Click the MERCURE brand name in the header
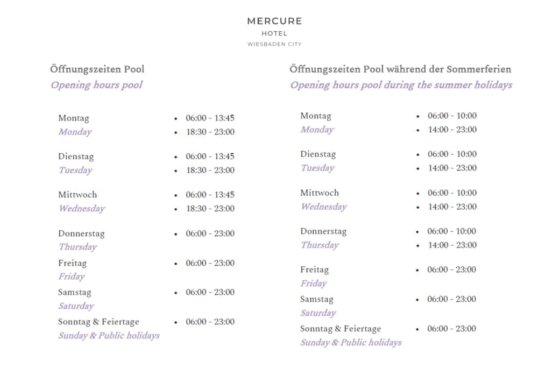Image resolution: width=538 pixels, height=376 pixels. coord(274,21)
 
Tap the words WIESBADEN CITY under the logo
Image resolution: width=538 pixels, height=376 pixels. coord(274,44)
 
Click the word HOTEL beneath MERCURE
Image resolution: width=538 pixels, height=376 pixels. coord(274,33)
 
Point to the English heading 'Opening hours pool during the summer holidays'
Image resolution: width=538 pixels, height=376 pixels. coord(401,85)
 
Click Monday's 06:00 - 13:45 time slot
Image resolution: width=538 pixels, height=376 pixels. coord(210,118)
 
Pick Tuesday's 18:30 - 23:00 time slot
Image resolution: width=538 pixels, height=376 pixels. coord(210,170)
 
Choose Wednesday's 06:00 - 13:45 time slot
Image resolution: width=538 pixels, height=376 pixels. coord(210,195)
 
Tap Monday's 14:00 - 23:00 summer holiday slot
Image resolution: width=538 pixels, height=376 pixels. coord(452,129)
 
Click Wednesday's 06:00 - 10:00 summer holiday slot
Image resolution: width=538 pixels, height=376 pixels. coord(452,193)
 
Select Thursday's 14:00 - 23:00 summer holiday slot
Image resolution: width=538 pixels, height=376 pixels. coord(452,245)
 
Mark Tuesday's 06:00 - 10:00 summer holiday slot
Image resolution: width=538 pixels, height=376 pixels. coord(452,154)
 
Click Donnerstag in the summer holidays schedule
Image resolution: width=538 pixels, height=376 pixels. coord(323,231)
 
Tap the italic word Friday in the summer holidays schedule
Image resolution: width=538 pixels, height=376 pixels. coord(314,283)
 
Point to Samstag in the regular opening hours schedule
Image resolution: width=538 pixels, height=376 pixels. coord(75,292)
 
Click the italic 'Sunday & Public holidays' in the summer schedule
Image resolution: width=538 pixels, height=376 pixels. coord(351,343)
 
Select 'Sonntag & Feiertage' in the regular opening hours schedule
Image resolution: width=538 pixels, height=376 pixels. coord(98,322)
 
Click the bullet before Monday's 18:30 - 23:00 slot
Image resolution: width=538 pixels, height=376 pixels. coord(176,132)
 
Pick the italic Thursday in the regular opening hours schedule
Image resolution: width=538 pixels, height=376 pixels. coord(78,247)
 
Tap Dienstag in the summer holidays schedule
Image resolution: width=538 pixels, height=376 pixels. coord(318,154)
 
